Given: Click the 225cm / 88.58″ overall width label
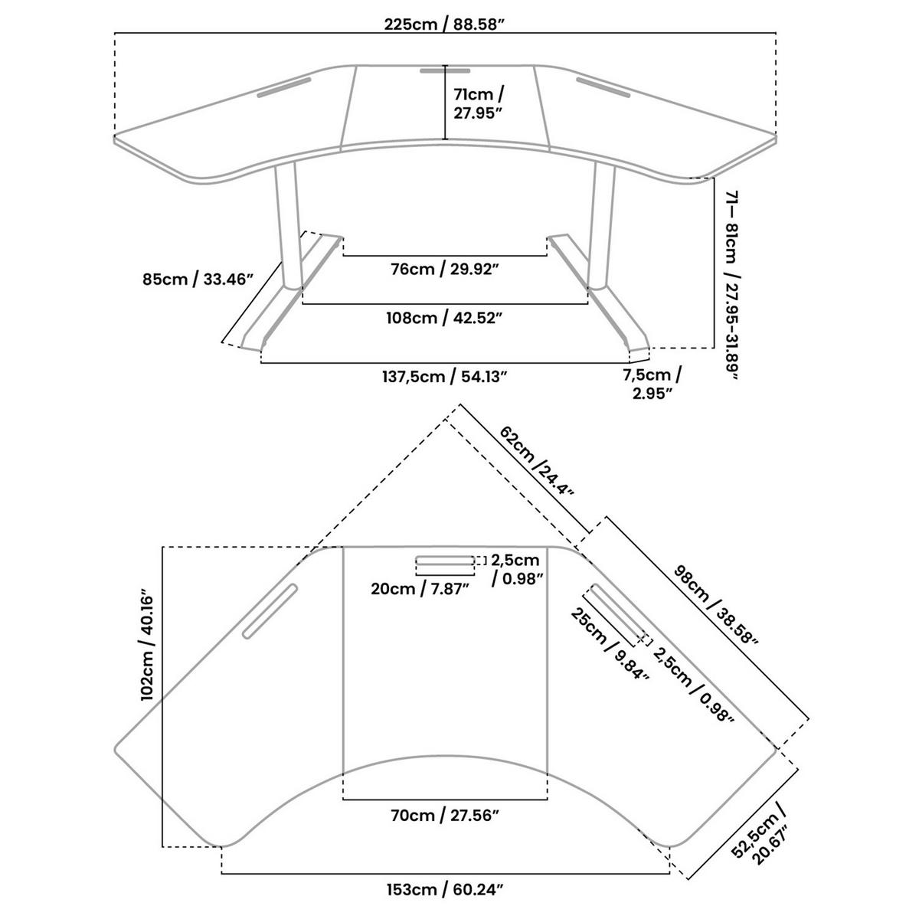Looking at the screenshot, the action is pyautogui.click(x=444, y=24).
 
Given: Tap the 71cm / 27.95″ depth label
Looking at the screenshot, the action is pyautogui.click(x=478, y=103).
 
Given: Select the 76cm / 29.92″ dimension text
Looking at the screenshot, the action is pyautogui.click(x=444, y=270).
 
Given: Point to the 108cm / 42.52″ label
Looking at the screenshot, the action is pyautogui.click(x=444, y=318).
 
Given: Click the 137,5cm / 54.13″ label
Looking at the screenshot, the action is pyautogui.click(x=444, y=377).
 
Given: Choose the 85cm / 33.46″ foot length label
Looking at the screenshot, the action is pyautogui.click(x=197, y=279).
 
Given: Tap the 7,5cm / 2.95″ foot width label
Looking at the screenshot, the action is pyautogui.click(x=652, y=384).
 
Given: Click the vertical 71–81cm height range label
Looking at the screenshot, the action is pyautogui.click(x=731, y=285).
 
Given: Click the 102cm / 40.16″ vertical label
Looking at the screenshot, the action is pyautogui.click(x=147, y=648).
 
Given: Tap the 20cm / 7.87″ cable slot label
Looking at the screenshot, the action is pyautogui.click(x=420, y=589).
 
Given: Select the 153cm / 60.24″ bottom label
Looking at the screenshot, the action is pyautogui.click(x=444, y=889).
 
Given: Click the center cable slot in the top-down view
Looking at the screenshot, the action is pyautogui.click(x=445, y=561).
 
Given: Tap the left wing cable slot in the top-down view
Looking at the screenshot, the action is pyautogui.click(x=270, y=611).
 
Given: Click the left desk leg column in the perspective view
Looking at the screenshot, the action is pyautogui.click(x=289, y=225).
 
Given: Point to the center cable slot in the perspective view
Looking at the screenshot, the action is pyautogui.click(x=445, y=71).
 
